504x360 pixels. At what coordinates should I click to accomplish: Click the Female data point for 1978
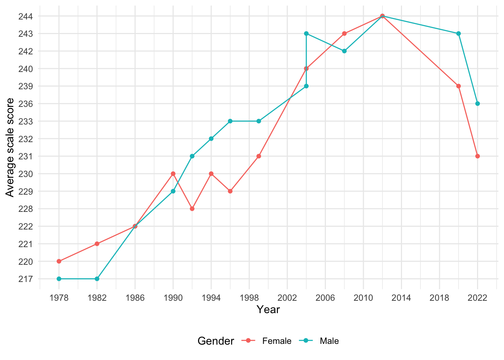[x=59, y=261]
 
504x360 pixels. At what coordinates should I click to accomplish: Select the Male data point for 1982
[x=97, y=279]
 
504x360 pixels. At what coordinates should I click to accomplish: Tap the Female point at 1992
[x=192, y=208]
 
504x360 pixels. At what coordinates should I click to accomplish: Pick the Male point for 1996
[x=230, y=121]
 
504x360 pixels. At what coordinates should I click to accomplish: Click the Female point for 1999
[x=259, y=156]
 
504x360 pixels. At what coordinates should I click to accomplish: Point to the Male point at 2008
[x=344, y=51]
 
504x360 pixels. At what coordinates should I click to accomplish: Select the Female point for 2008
[x=344, y=33]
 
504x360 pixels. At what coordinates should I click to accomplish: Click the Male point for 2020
[x=458, y=33]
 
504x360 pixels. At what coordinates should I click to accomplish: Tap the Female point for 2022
[x=477, y=156]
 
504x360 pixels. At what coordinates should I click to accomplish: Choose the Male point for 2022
[x=477, y=103]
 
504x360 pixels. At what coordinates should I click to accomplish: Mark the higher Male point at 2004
[x=306, y=33]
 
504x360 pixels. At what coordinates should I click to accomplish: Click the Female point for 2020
[x=458, y=86]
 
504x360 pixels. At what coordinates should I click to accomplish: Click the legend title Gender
[x=216, y=341]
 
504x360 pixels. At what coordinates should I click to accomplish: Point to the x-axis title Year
[x=268, y=310]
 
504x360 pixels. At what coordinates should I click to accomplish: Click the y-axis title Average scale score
[x=10, y=147]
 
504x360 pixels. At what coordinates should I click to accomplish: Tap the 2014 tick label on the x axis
[x=401, y=298]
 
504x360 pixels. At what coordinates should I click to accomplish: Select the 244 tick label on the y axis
[x=25, y=16]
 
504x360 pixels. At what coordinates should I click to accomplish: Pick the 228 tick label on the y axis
[x=25, y=208]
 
